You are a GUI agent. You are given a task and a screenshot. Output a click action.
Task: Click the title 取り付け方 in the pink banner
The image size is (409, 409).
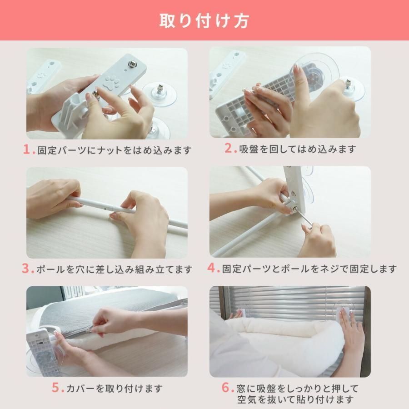click(x=204, y=21)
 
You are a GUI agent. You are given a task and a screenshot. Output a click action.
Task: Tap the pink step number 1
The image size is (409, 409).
click(x=27, y=150)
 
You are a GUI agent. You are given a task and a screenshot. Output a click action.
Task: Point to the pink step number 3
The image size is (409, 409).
click(x=26, y=269)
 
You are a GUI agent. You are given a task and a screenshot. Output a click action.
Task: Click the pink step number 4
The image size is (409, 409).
click(x=212, y=268)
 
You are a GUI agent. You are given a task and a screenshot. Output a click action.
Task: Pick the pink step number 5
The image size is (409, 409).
click(x=56, y=388)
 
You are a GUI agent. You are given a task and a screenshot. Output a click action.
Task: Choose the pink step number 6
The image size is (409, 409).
click(x=226, y=387)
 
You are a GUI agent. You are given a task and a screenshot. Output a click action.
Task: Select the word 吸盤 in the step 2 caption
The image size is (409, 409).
click(x=249, y=149)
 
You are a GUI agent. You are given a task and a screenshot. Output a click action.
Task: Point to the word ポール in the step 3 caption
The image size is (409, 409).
click(x=51, y=269)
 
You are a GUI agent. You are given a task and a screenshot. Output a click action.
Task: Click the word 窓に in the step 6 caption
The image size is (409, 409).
click(x=246, y=388)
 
